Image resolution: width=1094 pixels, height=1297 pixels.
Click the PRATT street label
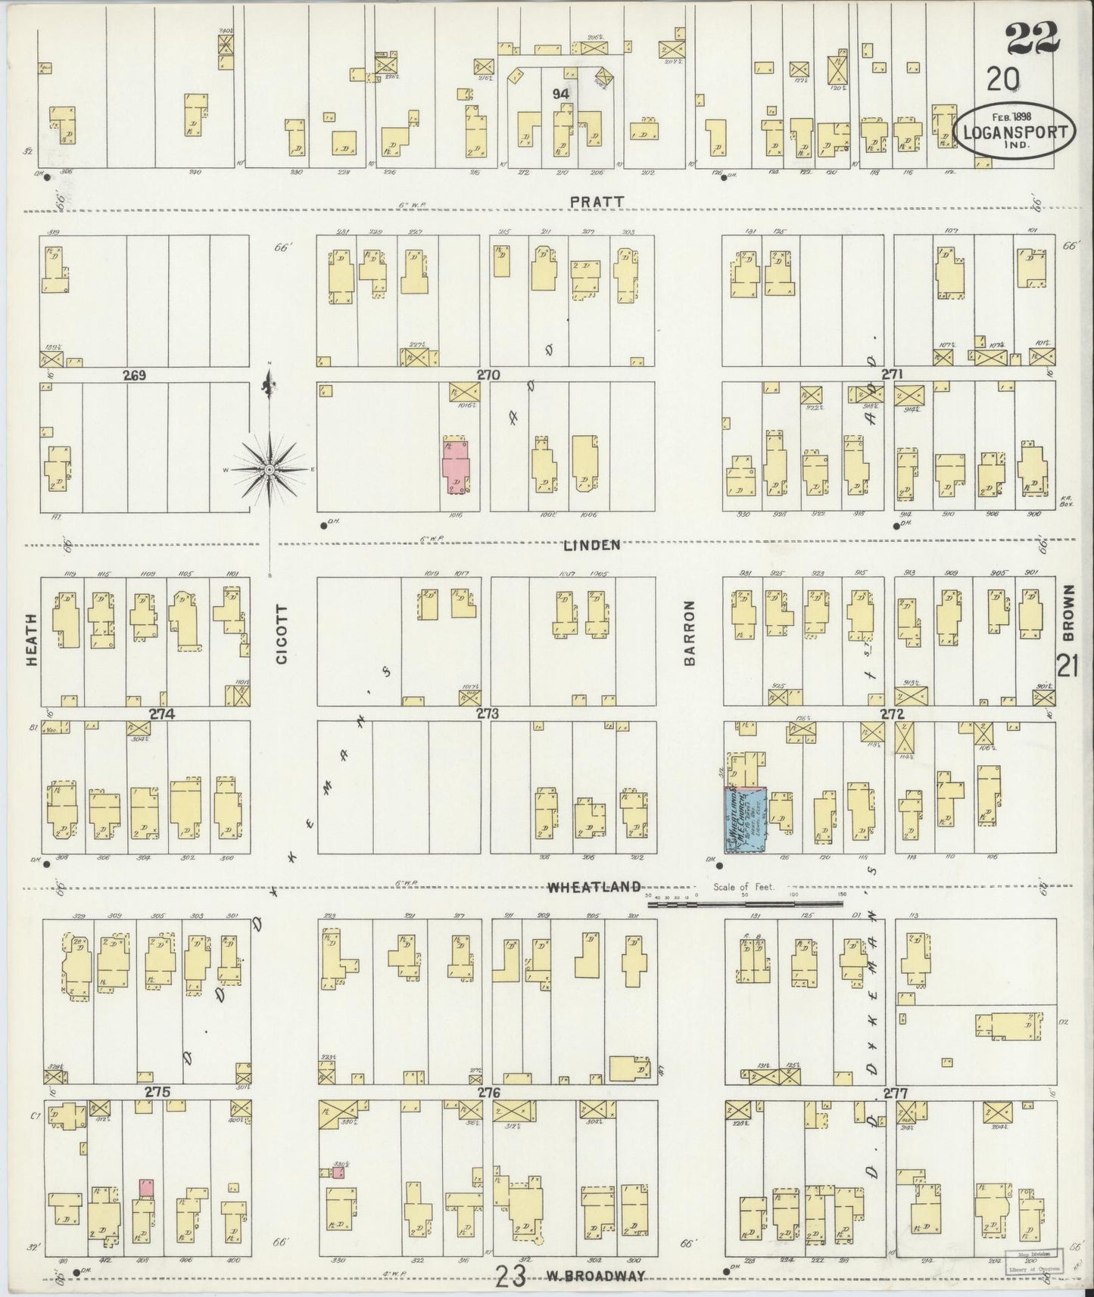598,201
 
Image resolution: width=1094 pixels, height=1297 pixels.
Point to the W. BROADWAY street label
597,1277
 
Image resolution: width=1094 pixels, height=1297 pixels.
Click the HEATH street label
32,650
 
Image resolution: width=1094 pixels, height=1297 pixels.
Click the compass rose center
270,470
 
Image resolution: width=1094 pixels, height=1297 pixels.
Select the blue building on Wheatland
745,820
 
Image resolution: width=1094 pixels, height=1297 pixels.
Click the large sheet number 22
1033,37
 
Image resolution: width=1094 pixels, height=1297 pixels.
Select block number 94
560,94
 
